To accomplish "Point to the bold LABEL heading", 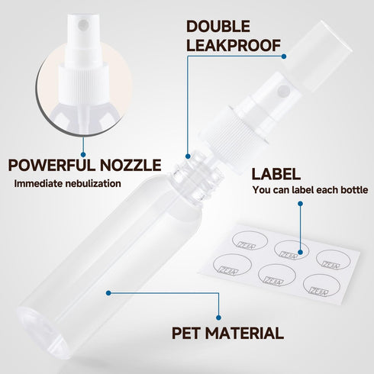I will pos(276,174).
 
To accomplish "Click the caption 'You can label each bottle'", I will pos(310,190).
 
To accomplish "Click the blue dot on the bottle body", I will pos(109,292).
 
